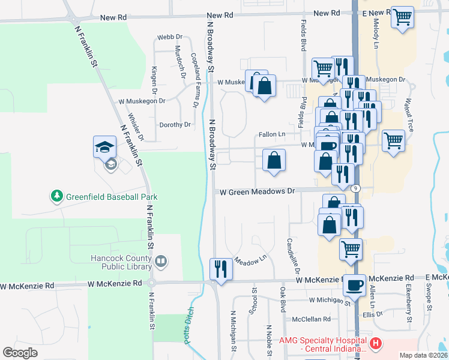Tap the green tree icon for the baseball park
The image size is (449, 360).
[56, 196]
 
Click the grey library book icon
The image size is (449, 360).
[160, 261]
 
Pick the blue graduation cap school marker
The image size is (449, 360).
[104, 146]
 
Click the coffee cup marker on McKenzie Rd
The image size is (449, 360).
[354, 284]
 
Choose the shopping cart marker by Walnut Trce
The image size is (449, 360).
[393, 140]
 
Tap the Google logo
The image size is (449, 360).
[20, 352]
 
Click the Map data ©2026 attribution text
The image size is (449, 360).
[423, 355]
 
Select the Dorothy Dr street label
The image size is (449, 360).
[175, 125]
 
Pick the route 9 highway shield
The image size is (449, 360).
[356, 188]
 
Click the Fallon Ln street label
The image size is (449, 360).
[272, 134]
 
